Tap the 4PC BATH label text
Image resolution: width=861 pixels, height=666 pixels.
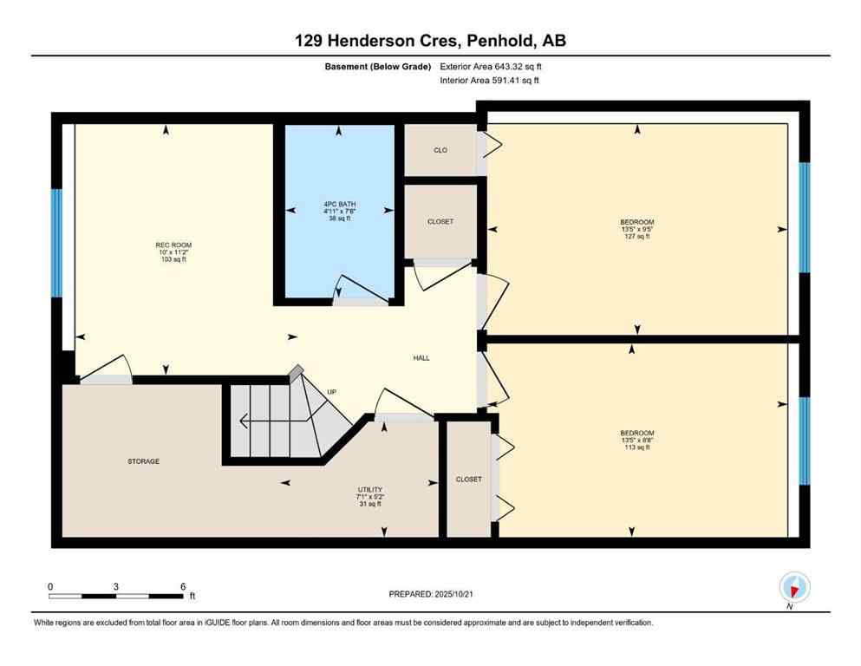point(338,205)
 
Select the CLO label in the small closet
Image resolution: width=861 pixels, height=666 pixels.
point(440,150)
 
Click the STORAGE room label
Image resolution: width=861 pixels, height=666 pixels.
point(143,461)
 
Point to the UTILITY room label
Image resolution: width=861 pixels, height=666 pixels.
point(370,489)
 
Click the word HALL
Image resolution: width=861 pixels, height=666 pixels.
point(421,358)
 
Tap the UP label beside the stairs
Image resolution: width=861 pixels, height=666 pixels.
point(331,392)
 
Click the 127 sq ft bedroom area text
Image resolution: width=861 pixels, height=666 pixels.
point(636,236)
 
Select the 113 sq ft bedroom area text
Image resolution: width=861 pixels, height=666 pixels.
point(636,447)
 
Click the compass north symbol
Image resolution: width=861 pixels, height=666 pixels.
point(793,587)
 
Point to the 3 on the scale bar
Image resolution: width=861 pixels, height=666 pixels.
point(115,586)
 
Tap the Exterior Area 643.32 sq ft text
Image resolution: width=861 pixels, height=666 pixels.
point(492,66)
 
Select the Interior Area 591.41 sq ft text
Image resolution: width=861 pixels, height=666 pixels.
point(492,81)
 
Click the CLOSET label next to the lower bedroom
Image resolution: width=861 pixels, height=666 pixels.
point(468,480)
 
